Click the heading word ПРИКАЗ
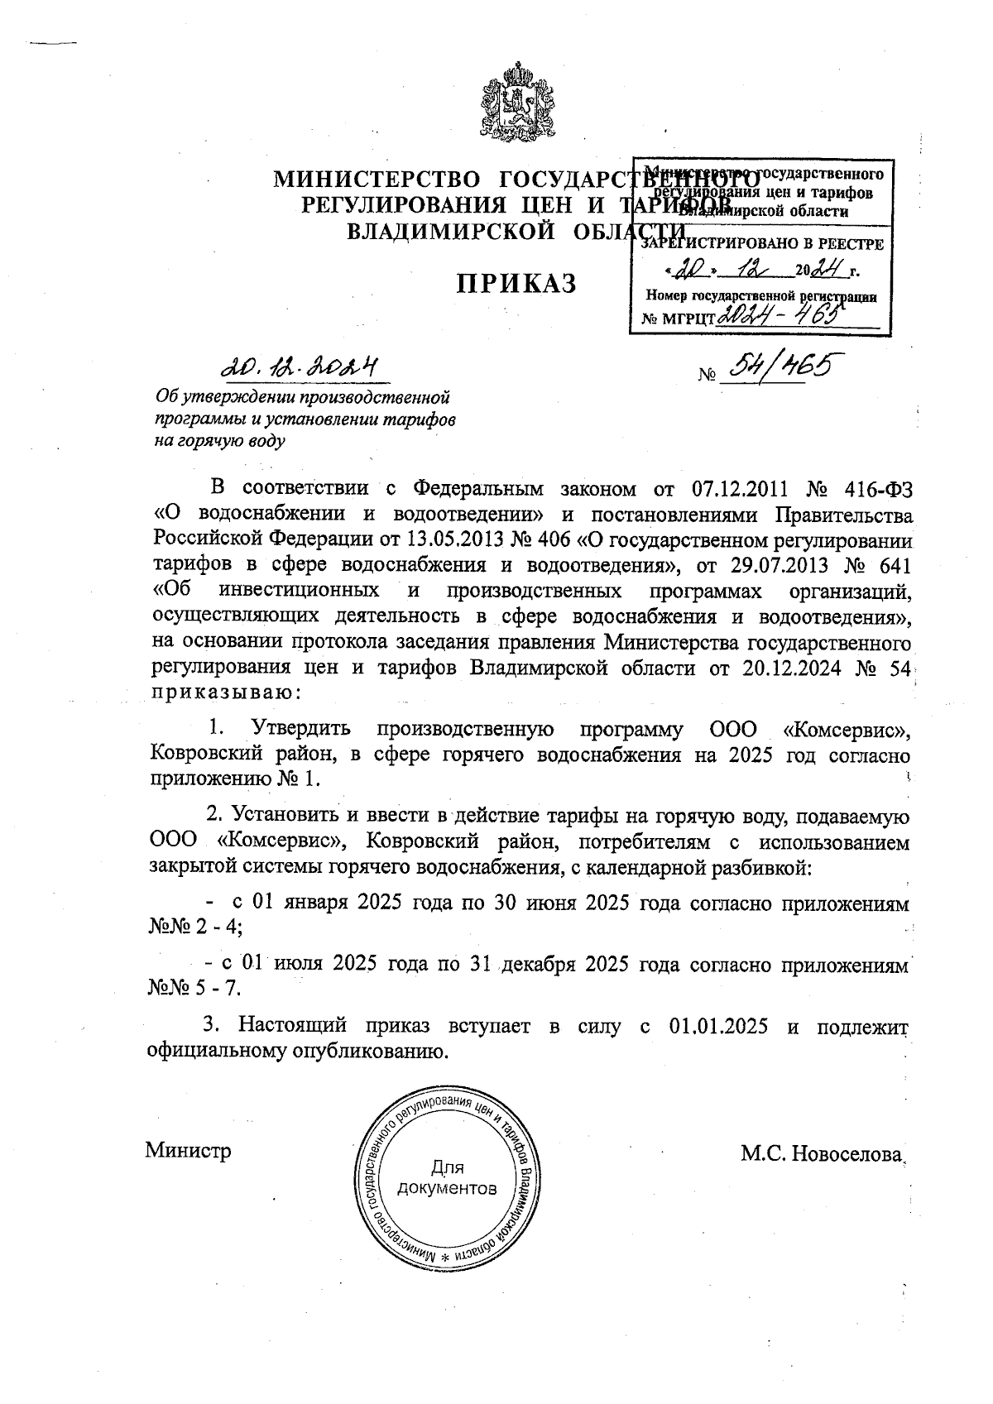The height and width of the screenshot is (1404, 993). pos(517,284)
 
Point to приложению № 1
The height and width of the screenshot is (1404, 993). pos(233,779)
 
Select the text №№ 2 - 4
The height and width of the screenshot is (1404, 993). pos(194,927)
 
